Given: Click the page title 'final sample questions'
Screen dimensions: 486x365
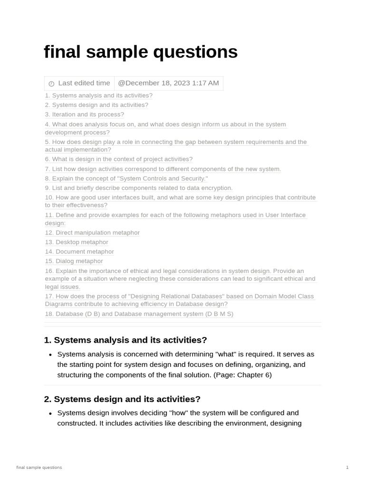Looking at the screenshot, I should coord(141,52).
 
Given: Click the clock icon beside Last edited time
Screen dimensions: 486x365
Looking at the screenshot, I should coord(51,84).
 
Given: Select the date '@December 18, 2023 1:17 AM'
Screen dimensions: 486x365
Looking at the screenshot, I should coord(168,83).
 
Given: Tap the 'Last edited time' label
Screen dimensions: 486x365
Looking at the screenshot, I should coord(84,83).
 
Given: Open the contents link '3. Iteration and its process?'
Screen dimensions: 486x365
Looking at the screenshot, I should coord(85,114).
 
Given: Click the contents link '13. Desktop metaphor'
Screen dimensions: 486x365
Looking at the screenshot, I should coord(77,242).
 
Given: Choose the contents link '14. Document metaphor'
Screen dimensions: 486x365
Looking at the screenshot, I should coord(79,252).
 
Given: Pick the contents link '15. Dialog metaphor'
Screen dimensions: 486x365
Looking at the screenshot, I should coord(74,261).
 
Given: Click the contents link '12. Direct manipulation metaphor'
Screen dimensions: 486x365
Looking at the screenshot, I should coord(92,233).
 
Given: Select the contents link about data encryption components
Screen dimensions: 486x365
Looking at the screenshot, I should coord(139,188).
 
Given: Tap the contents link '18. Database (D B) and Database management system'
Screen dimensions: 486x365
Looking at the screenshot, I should coord(139,314).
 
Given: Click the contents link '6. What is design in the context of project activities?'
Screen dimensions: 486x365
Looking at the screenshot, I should coord(119,159).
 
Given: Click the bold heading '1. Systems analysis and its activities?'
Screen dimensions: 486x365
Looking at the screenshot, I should coord(125,340).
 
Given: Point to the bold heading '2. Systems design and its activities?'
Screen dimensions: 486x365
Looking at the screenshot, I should coord(122,399).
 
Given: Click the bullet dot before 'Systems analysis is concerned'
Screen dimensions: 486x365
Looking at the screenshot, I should coord(50,355).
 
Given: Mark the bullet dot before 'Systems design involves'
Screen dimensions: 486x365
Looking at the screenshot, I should coord(50,413).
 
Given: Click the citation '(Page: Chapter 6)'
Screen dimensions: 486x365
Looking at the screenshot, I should coord(242,375).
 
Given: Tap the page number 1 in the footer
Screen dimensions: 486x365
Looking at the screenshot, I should coord(347,467).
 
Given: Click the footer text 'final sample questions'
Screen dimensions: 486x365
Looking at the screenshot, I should coord(39,467).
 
